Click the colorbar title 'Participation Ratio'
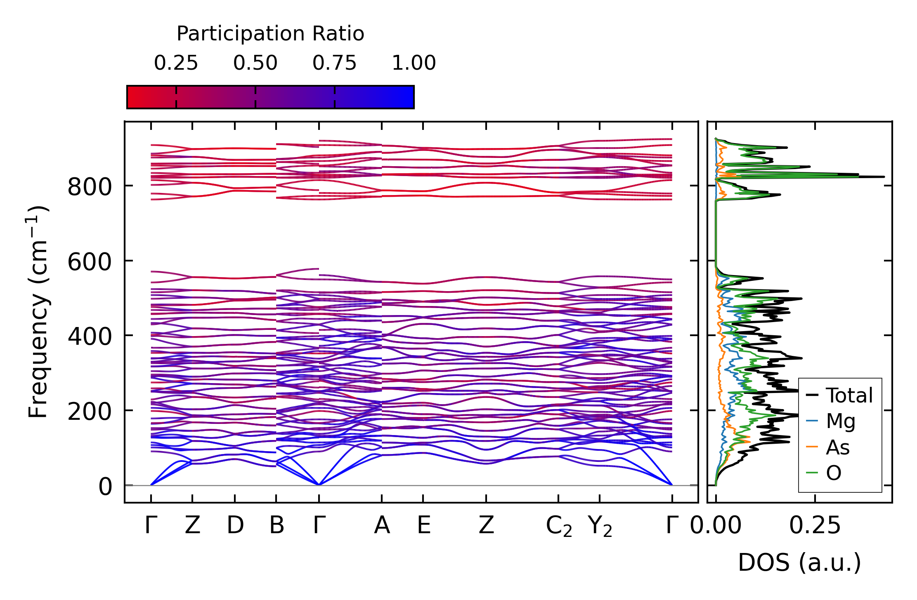pyautogui.click(x=270, y=34)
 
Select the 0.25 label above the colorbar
pyautogui.click(x=176, y=63)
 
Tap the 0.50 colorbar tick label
pyautogui.click(x=255, y=63)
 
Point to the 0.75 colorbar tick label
pyautogui.click(x=334, y=63)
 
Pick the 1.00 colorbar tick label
pyautogui.click(x=414, y=63)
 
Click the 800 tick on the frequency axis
pyautogui.click(x=90, y=187)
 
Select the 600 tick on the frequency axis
pyautogui.click(x=90, y=262)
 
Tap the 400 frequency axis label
pyautogui.click(x=90, y=336)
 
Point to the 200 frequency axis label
pyautogui.click(x=90, y=412)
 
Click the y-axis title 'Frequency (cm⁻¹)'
pyautogui.click(x=38, y=312)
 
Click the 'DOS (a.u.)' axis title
pyautogui.click(x=799, y=563)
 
